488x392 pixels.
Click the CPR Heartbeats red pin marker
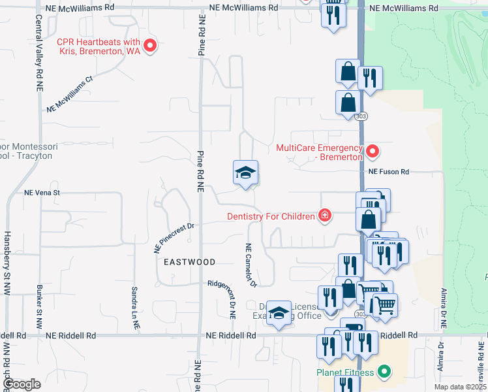coord(150,45)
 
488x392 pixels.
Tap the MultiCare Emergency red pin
coord(373,152)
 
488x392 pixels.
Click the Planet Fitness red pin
coord(384,372)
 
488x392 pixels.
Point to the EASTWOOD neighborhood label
coord(189,261)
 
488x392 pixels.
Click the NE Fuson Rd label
coord(388,172)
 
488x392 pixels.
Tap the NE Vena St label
coord(42,193)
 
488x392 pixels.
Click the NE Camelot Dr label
coord(249,265)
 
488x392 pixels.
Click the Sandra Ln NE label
coord(134,297)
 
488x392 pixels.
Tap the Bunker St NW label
coord(39,307)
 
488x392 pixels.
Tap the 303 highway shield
coord(361,116)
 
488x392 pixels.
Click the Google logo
coord(21,384)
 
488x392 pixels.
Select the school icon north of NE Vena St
coord(245,173)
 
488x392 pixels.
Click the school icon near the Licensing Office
coord(279,313)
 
